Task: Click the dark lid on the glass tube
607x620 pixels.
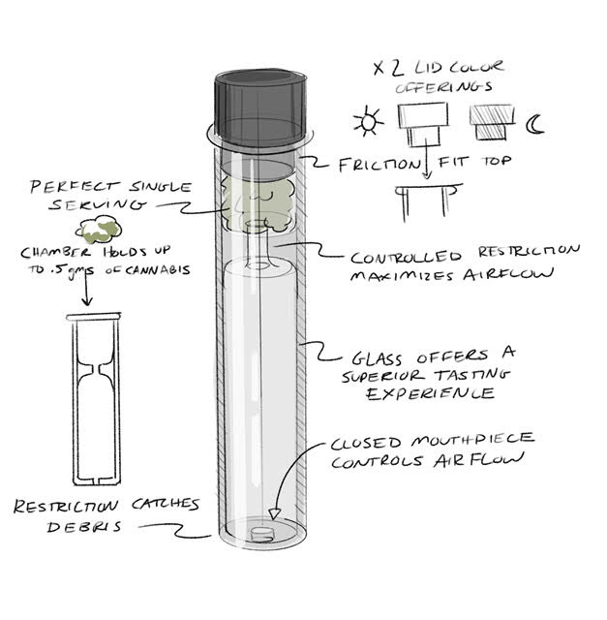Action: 260,108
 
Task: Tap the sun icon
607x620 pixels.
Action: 368,120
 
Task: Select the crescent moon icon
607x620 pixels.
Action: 535,124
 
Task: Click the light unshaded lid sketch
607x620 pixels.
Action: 423,123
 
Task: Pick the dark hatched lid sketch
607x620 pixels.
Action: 492,122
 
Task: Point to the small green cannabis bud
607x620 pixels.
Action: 99,229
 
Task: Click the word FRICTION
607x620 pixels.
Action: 379,165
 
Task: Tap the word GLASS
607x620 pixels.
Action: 377,359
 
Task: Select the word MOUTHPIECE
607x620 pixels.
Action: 472,440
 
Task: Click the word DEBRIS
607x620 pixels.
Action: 84,526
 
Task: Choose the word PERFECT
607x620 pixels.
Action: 75,186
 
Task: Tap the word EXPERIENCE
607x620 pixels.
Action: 431,393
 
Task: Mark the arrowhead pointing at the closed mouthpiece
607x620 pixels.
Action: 274,513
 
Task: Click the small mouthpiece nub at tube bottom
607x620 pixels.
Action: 262,535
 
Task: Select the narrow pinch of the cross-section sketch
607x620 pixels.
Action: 96,369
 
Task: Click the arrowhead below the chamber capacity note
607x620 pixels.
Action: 87,301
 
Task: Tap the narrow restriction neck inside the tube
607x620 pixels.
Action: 258,246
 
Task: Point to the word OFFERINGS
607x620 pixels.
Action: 443,87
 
